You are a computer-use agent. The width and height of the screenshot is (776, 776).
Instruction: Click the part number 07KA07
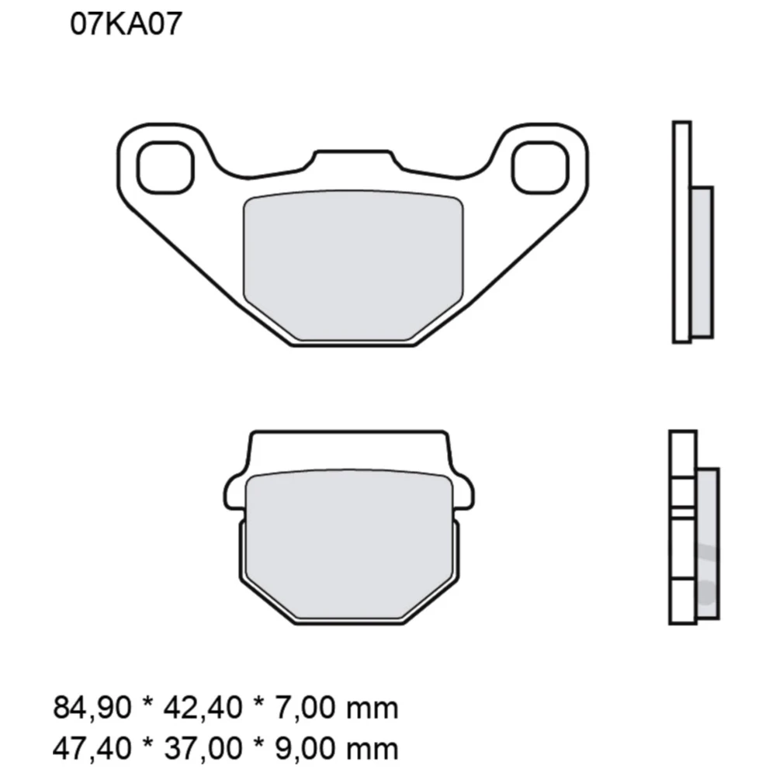[x=126, y=24]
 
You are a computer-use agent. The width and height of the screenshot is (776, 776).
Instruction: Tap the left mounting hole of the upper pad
[x=165, y=168]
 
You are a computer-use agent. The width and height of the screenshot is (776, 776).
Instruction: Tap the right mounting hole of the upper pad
[x=540, y=168]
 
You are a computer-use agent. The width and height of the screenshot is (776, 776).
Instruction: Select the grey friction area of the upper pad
[x=353, y=264]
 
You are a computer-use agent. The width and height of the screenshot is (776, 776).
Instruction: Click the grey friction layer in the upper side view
[x=702, y=262]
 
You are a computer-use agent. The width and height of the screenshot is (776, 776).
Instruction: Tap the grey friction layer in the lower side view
[x=708, y=543]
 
